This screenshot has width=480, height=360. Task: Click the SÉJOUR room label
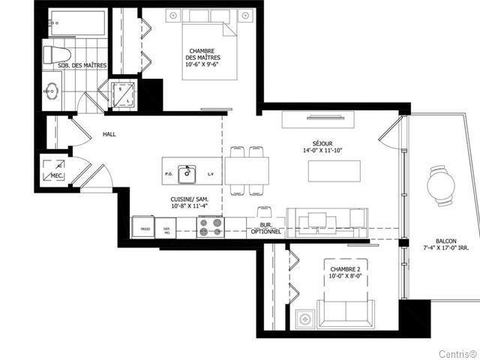[x=322, y=142]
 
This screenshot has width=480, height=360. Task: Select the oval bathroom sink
[x=52, y=91]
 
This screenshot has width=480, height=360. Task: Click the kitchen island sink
[x=187, y=175]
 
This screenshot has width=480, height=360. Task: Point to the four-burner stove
[x=211, y=226]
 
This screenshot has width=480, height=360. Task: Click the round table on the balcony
[x=442, y=184]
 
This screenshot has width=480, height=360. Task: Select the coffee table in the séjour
[x=334, y=171]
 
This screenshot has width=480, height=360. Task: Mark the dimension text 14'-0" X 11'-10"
[x=322, y=151]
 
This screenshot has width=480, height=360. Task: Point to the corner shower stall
[x=123, y=94]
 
